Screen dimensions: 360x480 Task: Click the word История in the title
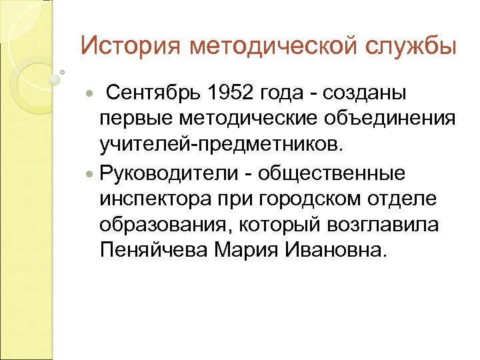click(129, 47)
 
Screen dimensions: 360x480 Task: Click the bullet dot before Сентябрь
click(91, 92)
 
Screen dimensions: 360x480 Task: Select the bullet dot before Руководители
click(91, 173)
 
